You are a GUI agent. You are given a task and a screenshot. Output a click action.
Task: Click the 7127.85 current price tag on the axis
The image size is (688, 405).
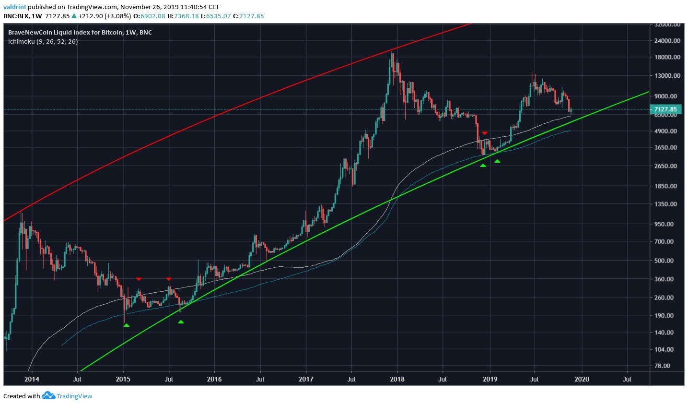pos(665,109)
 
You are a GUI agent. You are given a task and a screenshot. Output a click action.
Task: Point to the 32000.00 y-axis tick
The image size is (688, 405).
pos(666,24)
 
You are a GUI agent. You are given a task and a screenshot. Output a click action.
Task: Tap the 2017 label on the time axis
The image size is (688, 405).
pos(306,380)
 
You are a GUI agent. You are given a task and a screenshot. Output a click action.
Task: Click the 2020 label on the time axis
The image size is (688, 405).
pos(582,380)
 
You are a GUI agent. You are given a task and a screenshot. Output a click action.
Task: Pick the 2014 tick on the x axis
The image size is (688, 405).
pos(32,380)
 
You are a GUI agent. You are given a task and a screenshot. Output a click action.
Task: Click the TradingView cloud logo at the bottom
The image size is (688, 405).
pos(48,396)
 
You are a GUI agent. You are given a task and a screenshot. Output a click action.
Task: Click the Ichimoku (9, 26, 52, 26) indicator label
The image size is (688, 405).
pos(43,41)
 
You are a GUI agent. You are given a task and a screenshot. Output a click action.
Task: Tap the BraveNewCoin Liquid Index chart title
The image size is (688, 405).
pos(80,32)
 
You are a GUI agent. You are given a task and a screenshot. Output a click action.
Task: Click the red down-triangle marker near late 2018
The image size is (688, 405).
pos(485,133)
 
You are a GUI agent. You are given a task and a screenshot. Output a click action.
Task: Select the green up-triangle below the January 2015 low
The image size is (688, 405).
pos(126,325)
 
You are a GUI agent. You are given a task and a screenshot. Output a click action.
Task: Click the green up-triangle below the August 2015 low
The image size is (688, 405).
pos(181,322)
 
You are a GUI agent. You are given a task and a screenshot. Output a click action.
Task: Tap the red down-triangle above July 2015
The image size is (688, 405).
pos(169,279)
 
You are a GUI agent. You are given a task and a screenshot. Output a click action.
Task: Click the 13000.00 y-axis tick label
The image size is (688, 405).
pos(666,76)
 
